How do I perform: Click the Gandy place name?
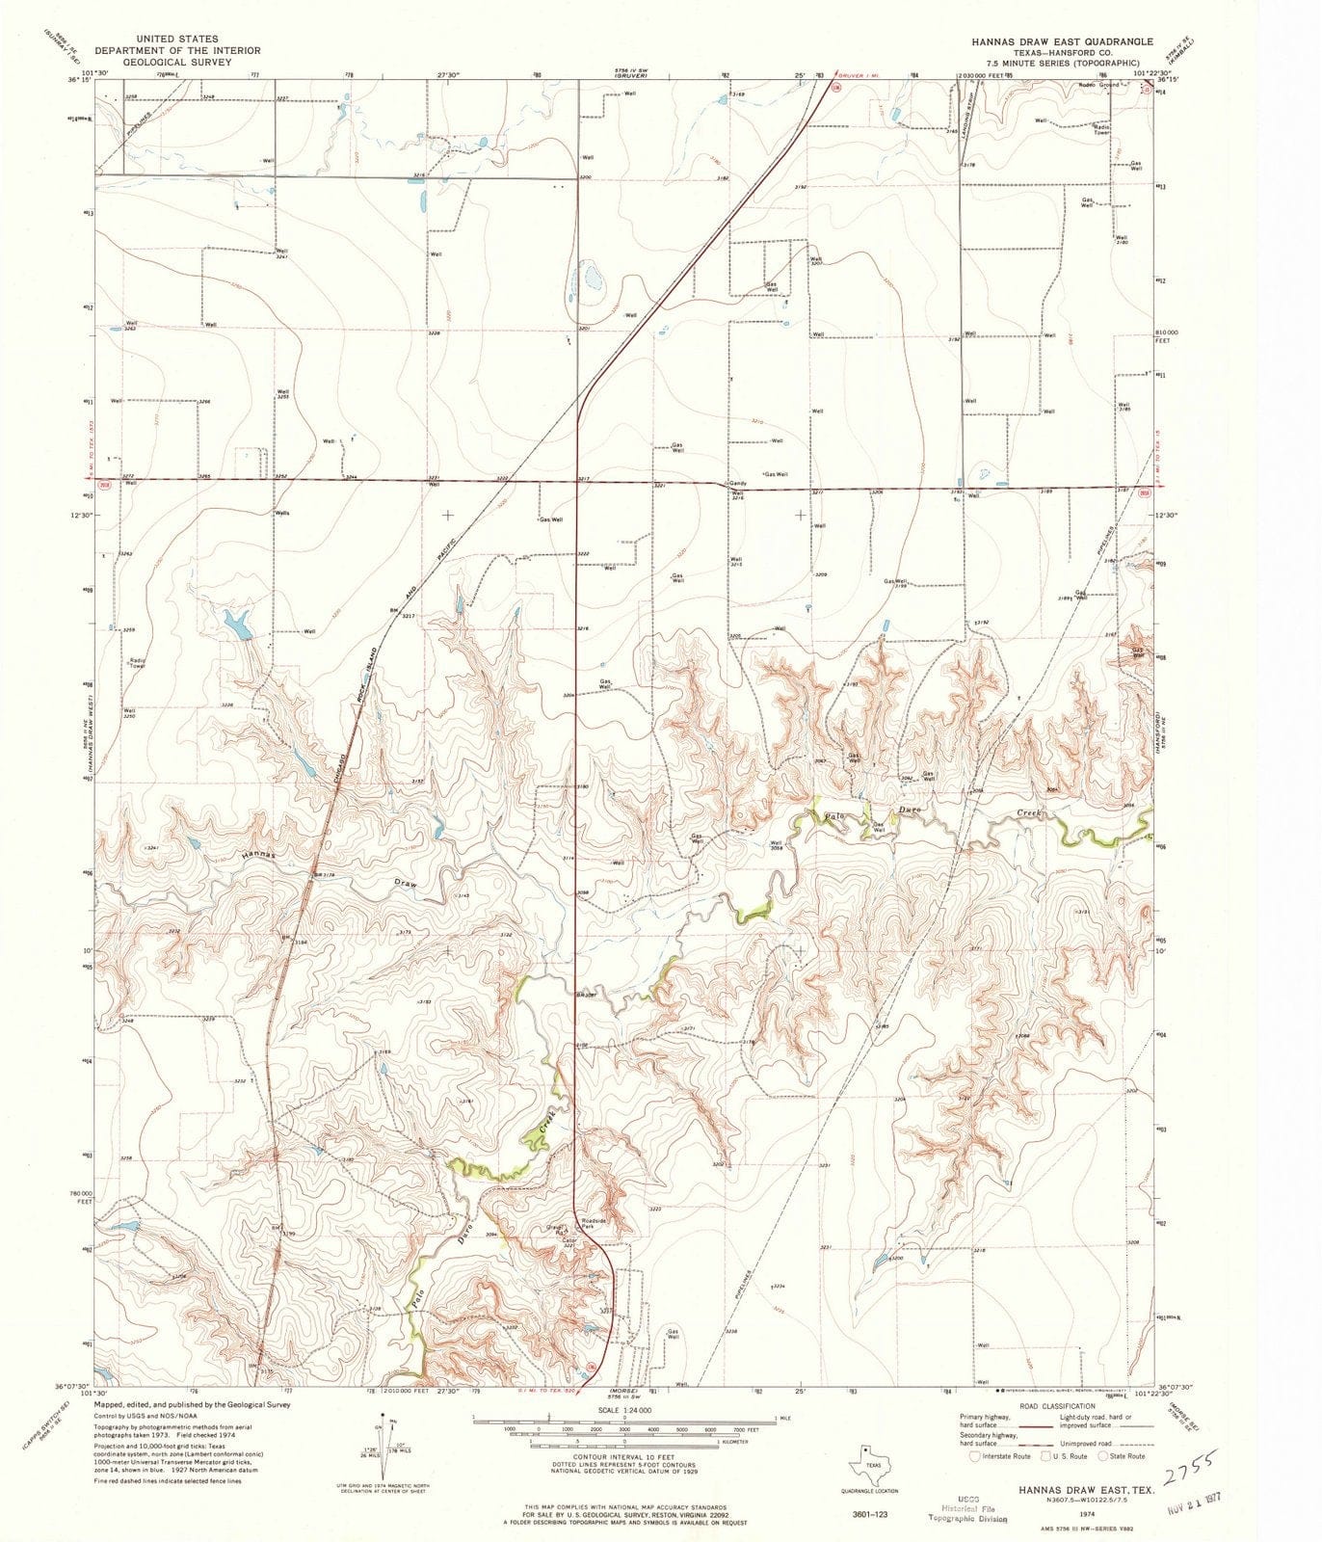tap(739, 483)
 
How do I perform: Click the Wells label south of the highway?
tap(282, 513)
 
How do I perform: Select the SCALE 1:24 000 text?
tap(622, 1409)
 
